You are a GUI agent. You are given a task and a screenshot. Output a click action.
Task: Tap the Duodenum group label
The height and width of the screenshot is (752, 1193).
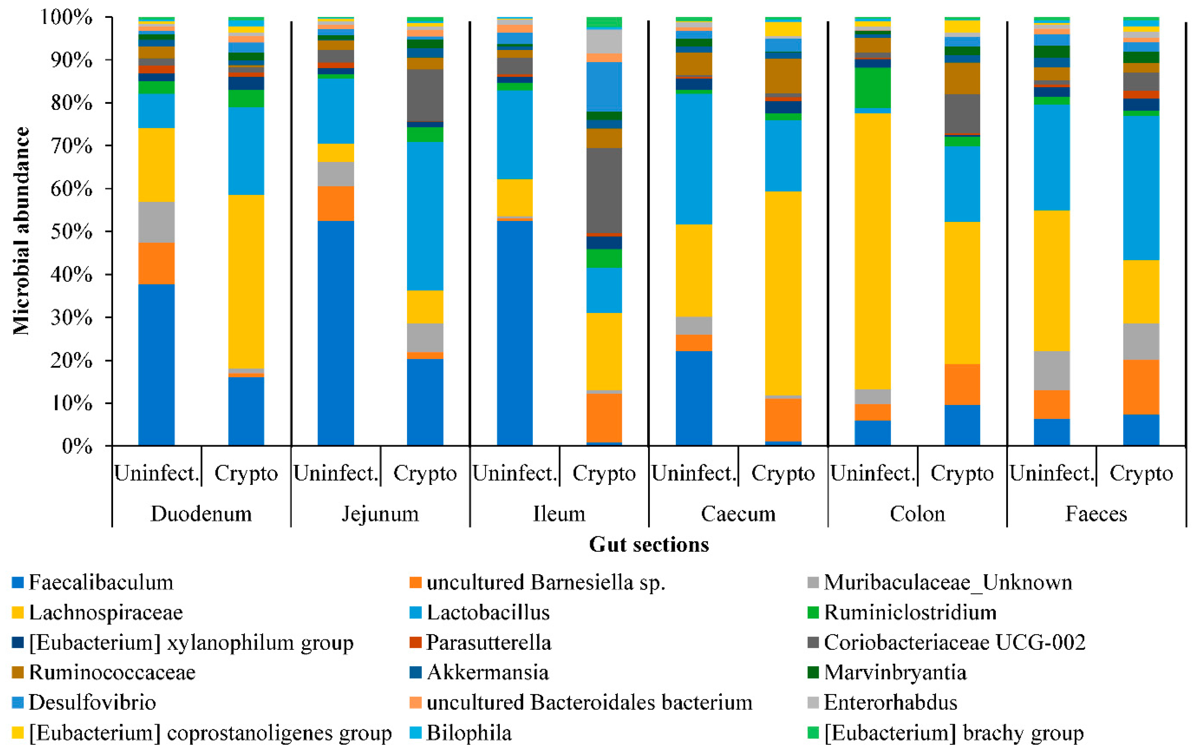[x=201, y=514]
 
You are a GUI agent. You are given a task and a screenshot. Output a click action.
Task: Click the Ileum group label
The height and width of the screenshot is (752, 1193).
[x=559, y=514]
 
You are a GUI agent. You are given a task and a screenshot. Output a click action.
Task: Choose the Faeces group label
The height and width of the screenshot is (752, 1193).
[x=1096, y=514]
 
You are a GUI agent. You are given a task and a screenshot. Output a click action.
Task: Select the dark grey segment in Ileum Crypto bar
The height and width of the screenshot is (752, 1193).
[x=604, y=190]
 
